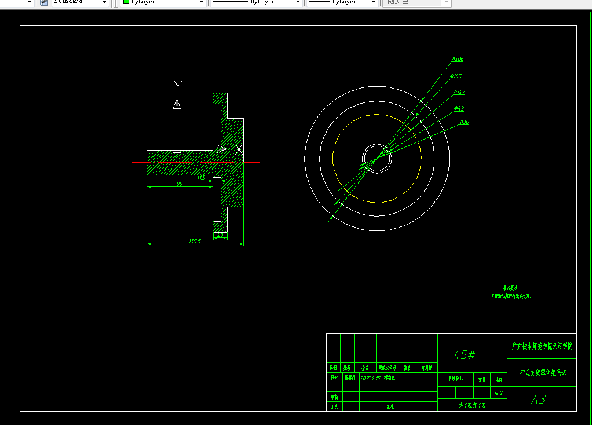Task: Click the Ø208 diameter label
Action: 458,59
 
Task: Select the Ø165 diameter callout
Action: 456,76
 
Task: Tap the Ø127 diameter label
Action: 459,92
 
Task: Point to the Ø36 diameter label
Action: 464,122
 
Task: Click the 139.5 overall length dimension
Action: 195,241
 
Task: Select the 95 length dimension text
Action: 180,184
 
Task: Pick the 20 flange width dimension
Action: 220,235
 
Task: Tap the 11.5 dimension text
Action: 201,178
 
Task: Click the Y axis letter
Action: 178,86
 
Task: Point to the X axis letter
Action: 239,149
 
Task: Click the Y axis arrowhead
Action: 177,104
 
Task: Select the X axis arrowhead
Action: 221,149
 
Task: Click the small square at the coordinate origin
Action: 177,149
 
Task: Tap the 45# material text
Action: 465,354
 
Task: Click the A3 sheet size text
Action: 539,400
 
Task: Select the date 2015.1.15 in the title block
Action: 370,378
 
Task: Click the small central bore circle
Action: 377,158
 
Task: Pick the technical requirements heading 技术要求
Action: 510,287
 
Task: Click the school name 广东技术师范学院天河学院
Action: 542,346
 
